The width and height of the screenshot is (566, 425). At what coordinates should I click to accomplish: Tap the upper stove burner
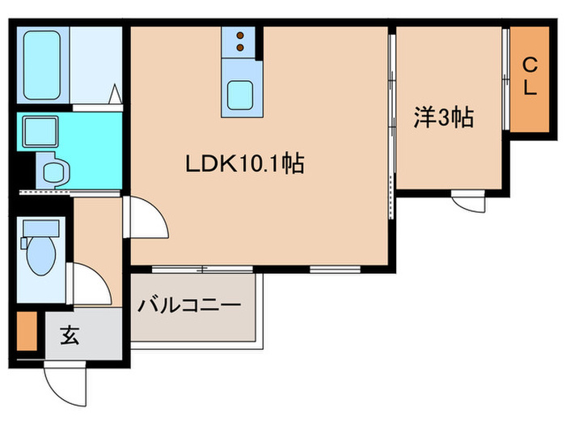[240, 35]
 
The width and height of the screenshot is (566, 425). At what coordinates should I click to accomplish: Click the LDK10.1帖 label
[244, 164]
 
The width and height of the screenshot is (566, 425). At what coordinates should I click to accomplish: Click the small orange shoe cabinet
[27, 332]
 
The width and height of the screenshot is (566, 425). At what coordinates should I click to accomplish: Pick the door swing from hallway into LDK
[144, 219]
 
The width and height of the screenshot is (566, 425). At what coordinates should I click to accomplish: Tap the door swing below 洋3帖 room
[467, 200]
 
